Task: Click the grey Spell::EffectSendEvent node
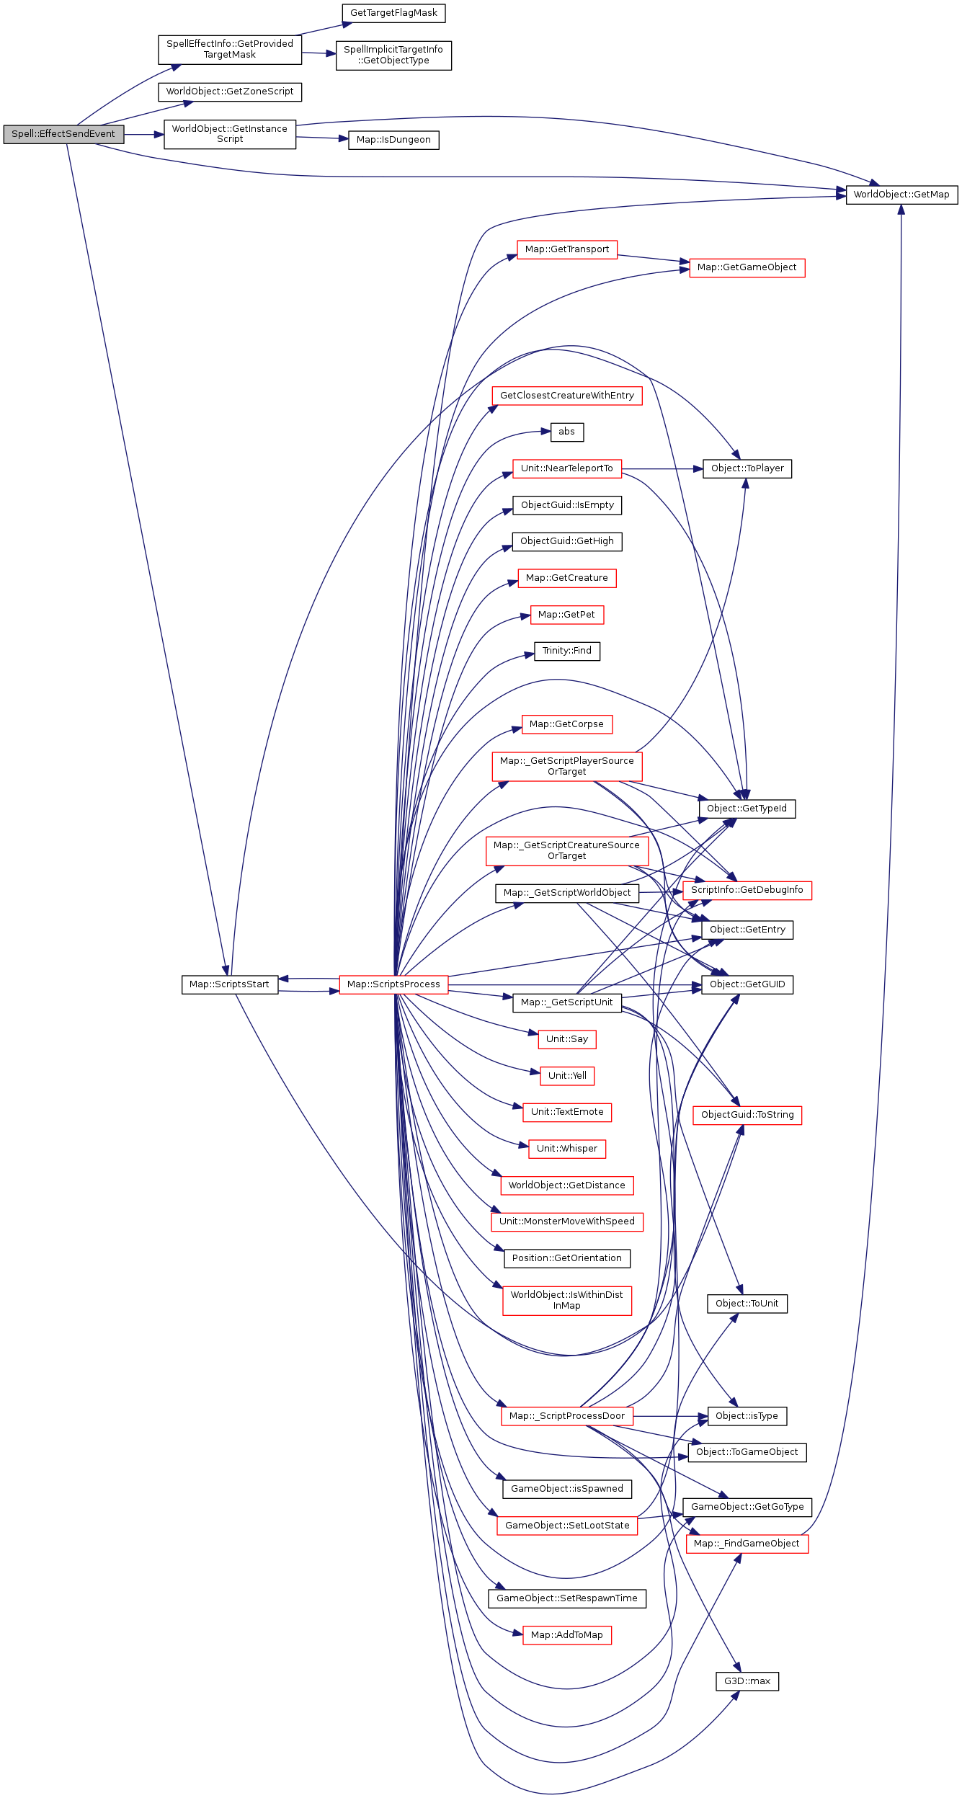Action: (63, 134)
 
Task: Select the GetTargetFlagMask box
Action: (393, 13)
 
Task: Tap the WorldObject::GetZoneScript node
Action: (230, 92)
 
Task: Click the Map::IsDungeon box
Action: (393, 140)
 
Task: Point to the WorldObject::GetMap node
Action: (901, 195)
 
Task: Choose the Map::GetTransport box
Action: (567, 249)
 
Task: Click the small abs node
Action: (567, 432)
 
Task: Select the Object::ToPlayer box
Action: (747, 468)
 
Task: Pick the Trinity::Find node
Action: (567, 651)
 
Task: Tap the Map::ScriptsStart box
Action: (229, 984)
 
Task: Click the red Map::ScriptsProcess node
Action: (393, 984)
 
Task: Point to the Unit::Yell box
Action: (567, 1076)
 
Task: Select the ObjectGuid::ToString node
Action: (747, 1115)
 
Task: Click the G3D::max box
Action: (747, 1681)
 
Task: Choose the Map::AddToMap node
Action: (567, 1635)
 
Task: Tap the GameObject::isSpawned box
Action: (567, 1489)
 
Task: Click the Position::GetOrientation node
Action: (567, 1258)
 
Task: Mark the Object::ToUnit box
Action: (747, 1304)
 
